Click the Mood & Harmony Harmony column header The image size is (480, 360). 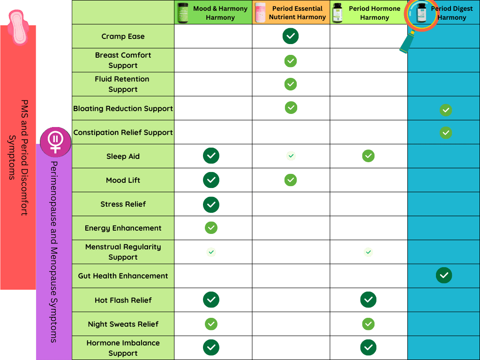coord(213,13)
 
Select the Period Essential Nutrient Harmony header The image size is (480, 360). coord(291,13)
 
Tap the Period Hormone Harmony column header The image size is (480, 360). coord(369,13)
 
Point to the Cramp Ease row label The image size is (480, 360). coord(123,37)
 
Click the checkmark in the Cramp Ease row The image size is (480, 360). coord(291,36)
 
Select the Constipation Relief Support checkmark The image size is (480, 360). coord(446,133)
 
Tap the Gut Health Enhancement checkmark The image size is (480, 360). coord(444,275)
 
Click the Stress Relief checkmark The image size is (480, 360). coord(211,204)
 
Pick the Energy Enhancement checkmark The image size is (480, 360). coord(211,228)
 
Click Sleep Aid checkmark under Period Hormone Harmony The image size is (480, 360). coord(368,156)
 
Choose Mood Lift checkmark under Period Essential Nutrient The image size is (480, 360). coord(291,180)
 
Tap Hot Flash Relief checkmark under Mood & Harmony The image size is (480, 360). coord(211,299)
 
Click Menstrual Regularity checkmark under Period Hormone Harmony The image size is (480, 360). coord(368,252)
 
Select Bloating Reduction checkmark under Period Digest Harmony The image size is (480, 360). coord(446,110)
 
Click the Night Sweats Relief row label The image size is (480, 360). coord(123,324)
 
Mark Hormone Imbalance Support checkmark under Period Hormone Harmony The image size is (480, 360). coord(368,347)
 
